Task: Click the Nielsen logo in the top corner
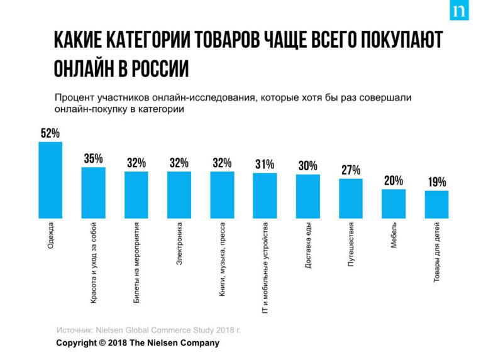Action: click(x=459, y=12)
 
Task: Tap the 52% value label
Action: click(x=50, y=133)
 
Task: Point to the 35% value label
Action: click(x=93, y=159)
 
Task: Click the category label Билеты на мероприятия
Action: click(x=136, y=263)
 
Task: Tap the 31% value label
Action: click(x=265, y=165)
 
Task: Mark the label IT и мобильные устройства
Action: click(x=265, y=268)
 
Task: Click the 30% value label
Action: click(x=307, y=166)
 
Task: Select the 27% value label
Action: click(x=351, y=170)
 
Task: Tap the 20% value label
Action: click(x=394, y=181)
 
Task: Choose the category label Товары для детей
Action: click(x=436, y=252)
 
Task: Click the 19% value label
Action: click(x=437, y=183)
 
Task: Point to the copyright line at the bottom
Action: click(x=138, y=343)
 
